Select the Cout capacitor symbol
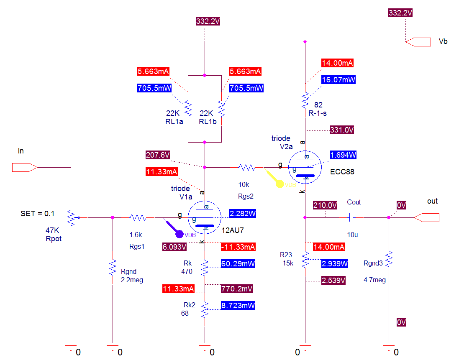(x=351, y=217)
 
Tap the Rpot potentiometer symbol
(x=71, y=217)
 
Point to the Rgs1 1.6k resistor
(x=138, y=217)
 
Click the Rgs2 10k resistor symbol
(x=247, y=167)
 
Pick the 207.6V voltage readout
(x=158, y=155)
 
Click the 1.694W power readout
(x=343, y=155)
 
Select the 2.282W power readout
(x=243, y=214)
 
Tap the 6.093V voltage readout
(x=174, y=247)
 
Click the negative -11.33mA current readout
(x=238, y=247)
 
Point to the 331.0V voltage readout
(x=341, y=130)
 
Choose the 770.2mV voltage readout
(x=237, y=289)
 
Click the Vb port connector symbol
(x=418, y=42)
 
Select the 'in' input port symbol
(x=25, y=167)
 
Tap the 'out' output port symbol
(x=426, y=217)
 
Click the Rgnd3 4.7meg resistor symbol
(x=389, y=259)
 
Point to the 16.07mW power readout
(x=338, y=80)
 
